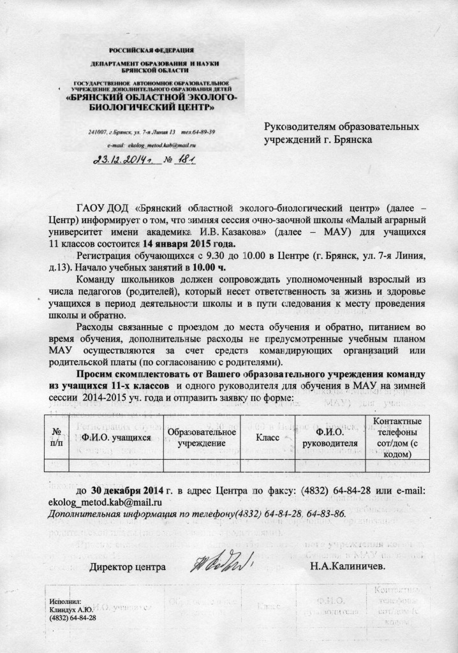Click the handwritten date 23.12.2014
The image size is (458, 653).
pos(121,160)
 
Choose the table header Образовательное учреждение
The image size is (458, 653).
pos(202,438)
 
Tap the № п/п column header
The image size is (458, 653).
pos(56,438)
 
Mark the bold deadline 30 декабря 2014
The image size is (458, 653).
pos(131,491)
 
